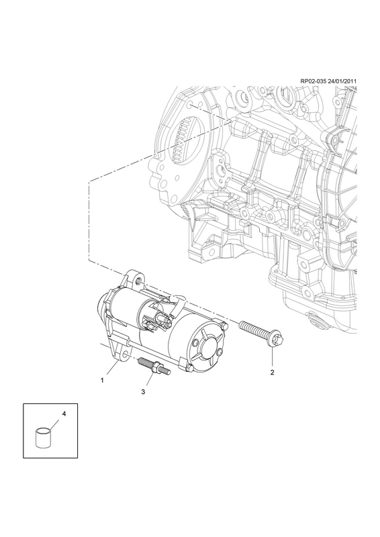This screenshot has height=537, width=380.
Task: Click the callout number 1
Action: pos(102,380)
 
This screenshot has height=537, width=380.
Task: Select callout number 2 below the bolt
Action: pos(272,373)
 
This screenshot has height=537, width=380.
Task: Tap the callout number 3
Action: pos(143,392)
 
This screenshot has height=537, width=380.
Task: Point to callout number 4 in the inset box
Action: pos(64,413)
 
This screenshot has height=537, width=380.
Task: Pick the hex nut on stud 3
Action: pos(156,367)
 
